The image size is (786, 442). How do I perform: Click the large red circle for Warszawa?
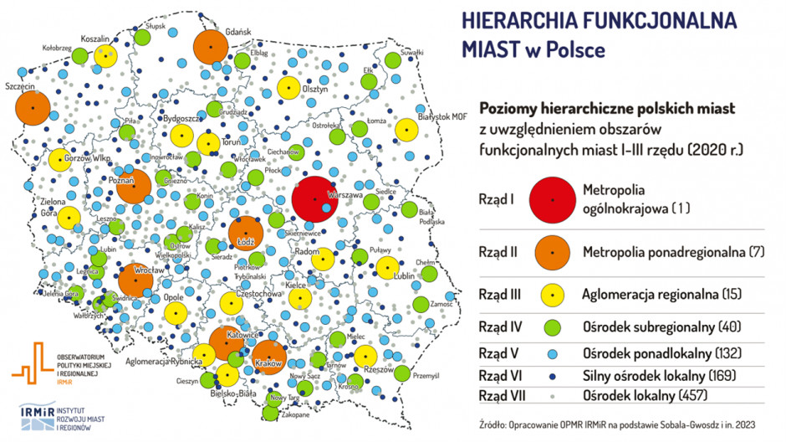click(x=315, y=200)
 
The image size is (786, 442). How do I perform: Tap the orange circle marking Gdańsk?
click(x=211, y=46)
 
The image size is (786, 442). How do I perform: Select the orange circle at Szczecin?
click(x=32, y=108)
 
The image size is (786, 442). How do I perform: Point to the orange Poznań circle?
click(x=134, y=186)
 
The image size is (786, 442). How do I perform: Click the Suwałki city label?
click(x=412, y=52)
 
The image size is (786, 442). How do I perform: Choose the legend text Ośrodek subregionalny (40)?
click(x=653, y=326)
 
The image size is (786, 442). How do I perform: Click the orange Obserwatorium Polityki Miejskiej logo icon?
click(x=31, y=362)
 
